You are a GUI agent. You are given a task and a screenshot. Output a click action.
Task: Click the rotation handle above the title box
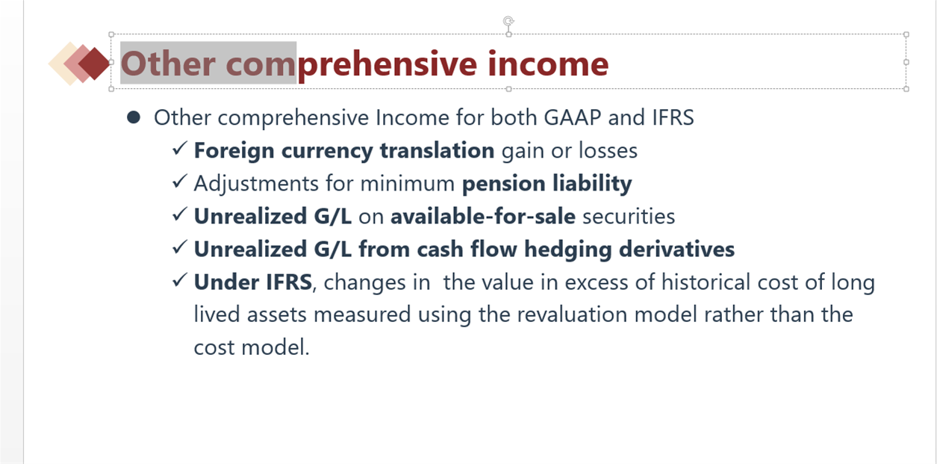[x=508, y=20]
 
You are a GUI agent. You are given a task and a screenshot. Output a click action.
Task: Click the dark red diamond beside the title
[x=94, y=64]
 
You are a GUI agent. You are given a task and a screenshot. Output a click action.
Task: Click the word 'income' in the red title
[x=548, y=64]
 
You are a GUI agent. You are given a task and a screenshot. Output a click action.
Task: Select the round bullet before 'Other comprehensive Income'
[x=134, y=117]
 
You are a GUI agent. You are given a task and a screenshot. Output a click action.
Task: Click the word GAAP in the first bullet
[x=572, y=117]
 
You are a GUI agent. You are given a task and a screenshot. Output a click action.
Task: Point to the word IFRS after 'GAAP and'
[x=673, y=117]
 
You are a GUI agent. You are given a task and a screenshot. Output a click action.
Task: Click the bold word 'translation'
[x=437, y=150]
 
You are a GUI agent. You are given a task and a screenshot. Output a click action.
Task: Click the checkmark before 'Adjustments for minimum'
[x=180, y=182]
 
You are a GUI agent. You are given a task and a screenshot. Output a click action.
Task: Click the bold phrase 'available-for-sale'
[x=483, y=216]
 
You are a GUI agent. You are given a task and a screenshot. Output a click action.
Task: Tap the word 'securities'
[x=629, y=216]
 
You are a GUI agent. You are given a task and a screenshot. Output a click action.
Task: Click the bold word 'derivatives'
[x=676, y=249]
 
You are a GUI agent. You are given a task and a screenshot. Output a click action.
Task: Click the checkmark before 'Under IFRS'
[x=180, y=280]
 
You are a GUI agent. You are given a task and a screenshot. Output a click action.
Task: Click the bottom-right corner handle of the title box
[x=906, y=89]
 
